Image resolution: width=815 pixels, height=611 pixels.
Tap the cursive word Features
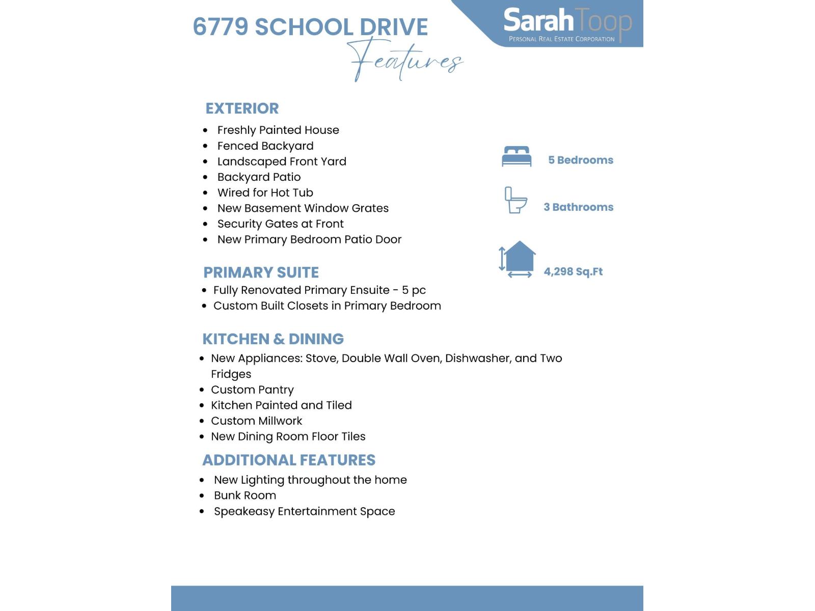pyautogui.click(x=405, y=60)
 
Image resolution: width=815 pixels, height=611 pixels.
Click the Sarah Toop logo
pyautogui.click(x=567, y=23)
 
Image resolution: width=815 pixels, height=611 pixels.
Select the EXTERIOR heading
pyautogui.click(x=242, y=108)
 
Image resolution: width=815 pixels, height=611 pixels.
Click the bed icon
pyautogui.click(x=517, y=156)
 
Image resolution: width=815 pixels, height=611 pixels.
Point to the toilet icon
pyautogui.click(x=515, y=200)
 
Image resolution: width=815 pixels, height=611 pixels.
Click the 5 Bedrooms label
pyautogui.click(x=580, y=160)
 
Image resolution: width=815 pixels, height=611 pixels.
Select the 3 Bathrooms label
pyautogui.click(x=578, y=207)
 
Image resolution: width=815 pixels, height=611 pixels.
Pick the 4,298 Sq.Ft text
pyautogui.click(x=573, y=271)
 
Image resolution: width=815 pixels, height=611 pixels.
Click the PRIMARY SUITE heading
pyautogui.click(x=261, y=272)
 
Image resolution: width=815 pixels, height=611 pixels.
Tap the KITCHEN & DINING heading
pyautogui.click(x=273, y=339)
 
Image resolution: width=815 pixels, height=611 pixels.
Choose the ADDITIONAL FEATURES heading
pyautogui.click(x=289, y=460)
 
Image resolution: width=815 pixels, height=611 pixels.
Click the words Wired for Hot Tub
pyautogui.click(x=265, y=192)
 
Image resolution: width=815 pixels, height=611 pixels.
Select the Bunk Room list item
pyautogui.click(x=245, y=495)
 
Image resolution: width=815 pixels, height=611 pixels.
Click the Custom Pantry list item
pyautogui.click(x=252, y=390)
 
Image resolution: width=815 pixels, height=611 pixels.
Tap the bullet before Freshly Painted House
pyautogui.click(x=205, y=130)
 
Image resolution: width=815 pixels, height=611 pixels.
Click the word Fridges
pyautogui.click(x=231, y=374)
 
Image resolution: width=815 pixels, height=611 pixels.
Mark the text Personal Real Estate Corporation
pyautogui.click(x=561, y=39)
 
